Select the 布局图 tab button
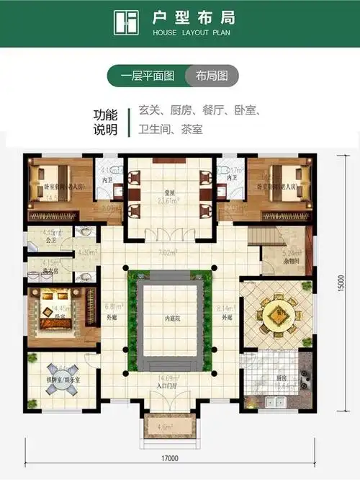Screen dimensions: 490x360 click(x=211, y=76)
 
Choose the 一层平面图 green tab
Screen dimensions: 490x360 click(x=147, y=76)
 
